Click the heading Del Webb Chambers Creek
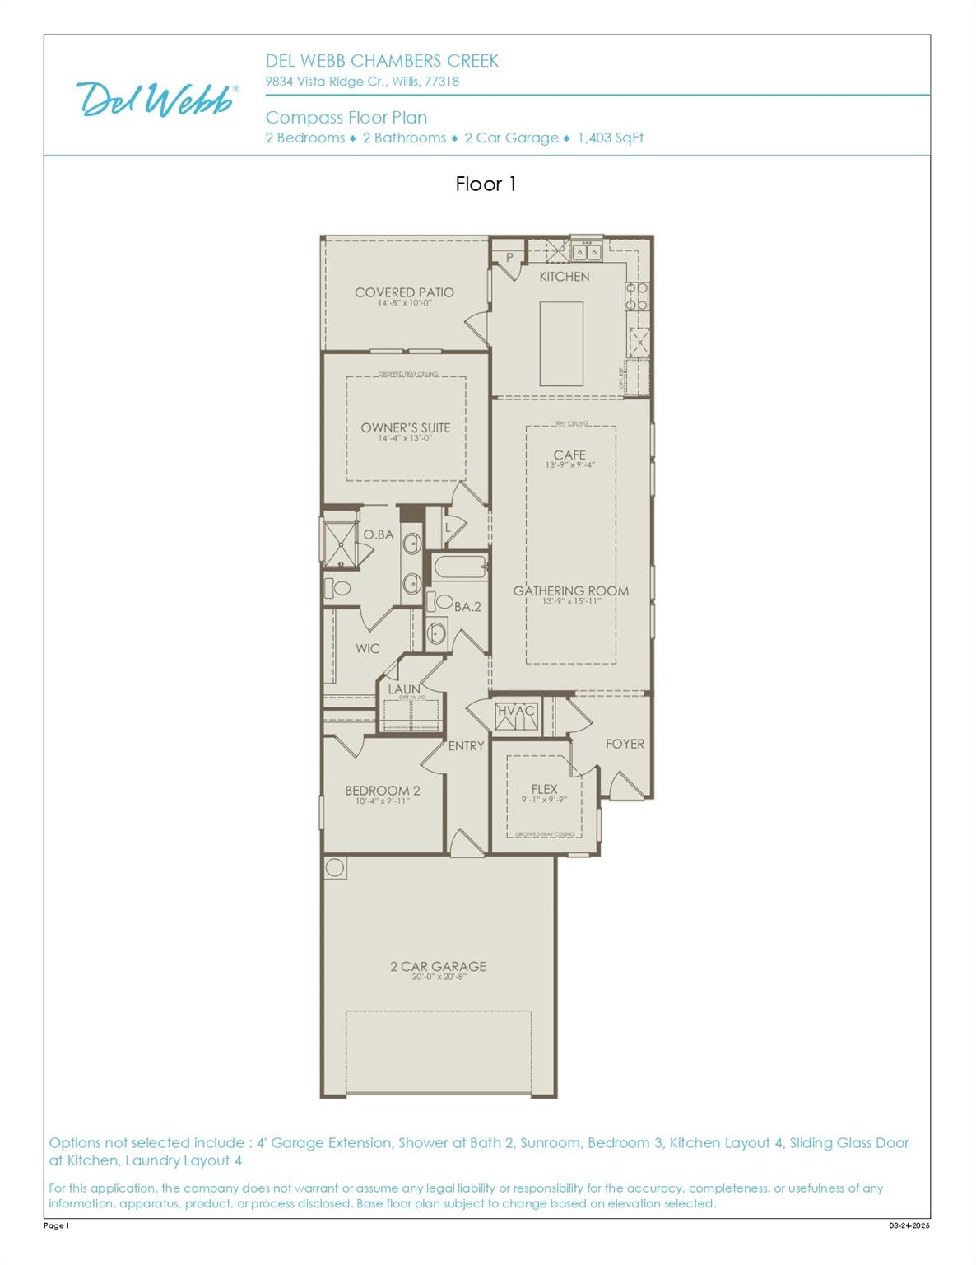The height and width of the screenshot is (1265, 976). click(x=381, y=61)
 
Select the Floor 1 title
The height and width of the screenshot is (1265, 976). click(x=486, y=184)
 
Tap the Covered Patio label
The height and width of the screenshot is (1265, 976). click(x=404, y=292)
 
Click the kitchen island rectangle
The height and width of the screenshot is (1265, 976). click(x=561, y=343)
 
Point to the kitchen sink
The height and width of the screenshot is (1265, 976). click(x=587, y=251)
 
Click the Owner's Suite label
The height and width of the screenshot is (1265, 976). click(x=405, y=427)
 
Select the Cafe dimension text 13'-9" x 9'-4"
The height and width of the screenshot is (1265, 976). click(x=569, y=465)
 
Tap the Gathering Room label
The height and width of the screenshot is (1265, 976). click(x=570, y=590)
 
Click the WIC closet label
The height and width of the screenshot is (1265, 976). click(x=367, y=648)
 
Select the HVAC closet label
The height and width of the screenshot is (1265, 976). click(x=516, y=711)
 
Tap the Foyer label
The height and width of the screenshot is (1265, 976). click(x=625, y=744)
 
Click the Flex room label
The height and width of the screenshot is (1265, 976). click(x=544, y=789)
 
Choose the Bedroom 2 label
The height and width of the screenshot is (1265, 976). click(x=382, y=791)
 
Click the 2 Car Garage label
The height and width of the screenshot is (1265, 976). click(x=438, y=966)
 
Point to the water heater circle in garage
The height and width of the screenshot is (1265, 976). click(x=335, y=867)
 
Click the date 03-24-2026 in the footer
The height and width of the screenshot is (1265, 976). click(x=909, y=1225)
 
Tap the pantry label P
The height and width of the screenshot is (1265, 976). click(x=509, y=258)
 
